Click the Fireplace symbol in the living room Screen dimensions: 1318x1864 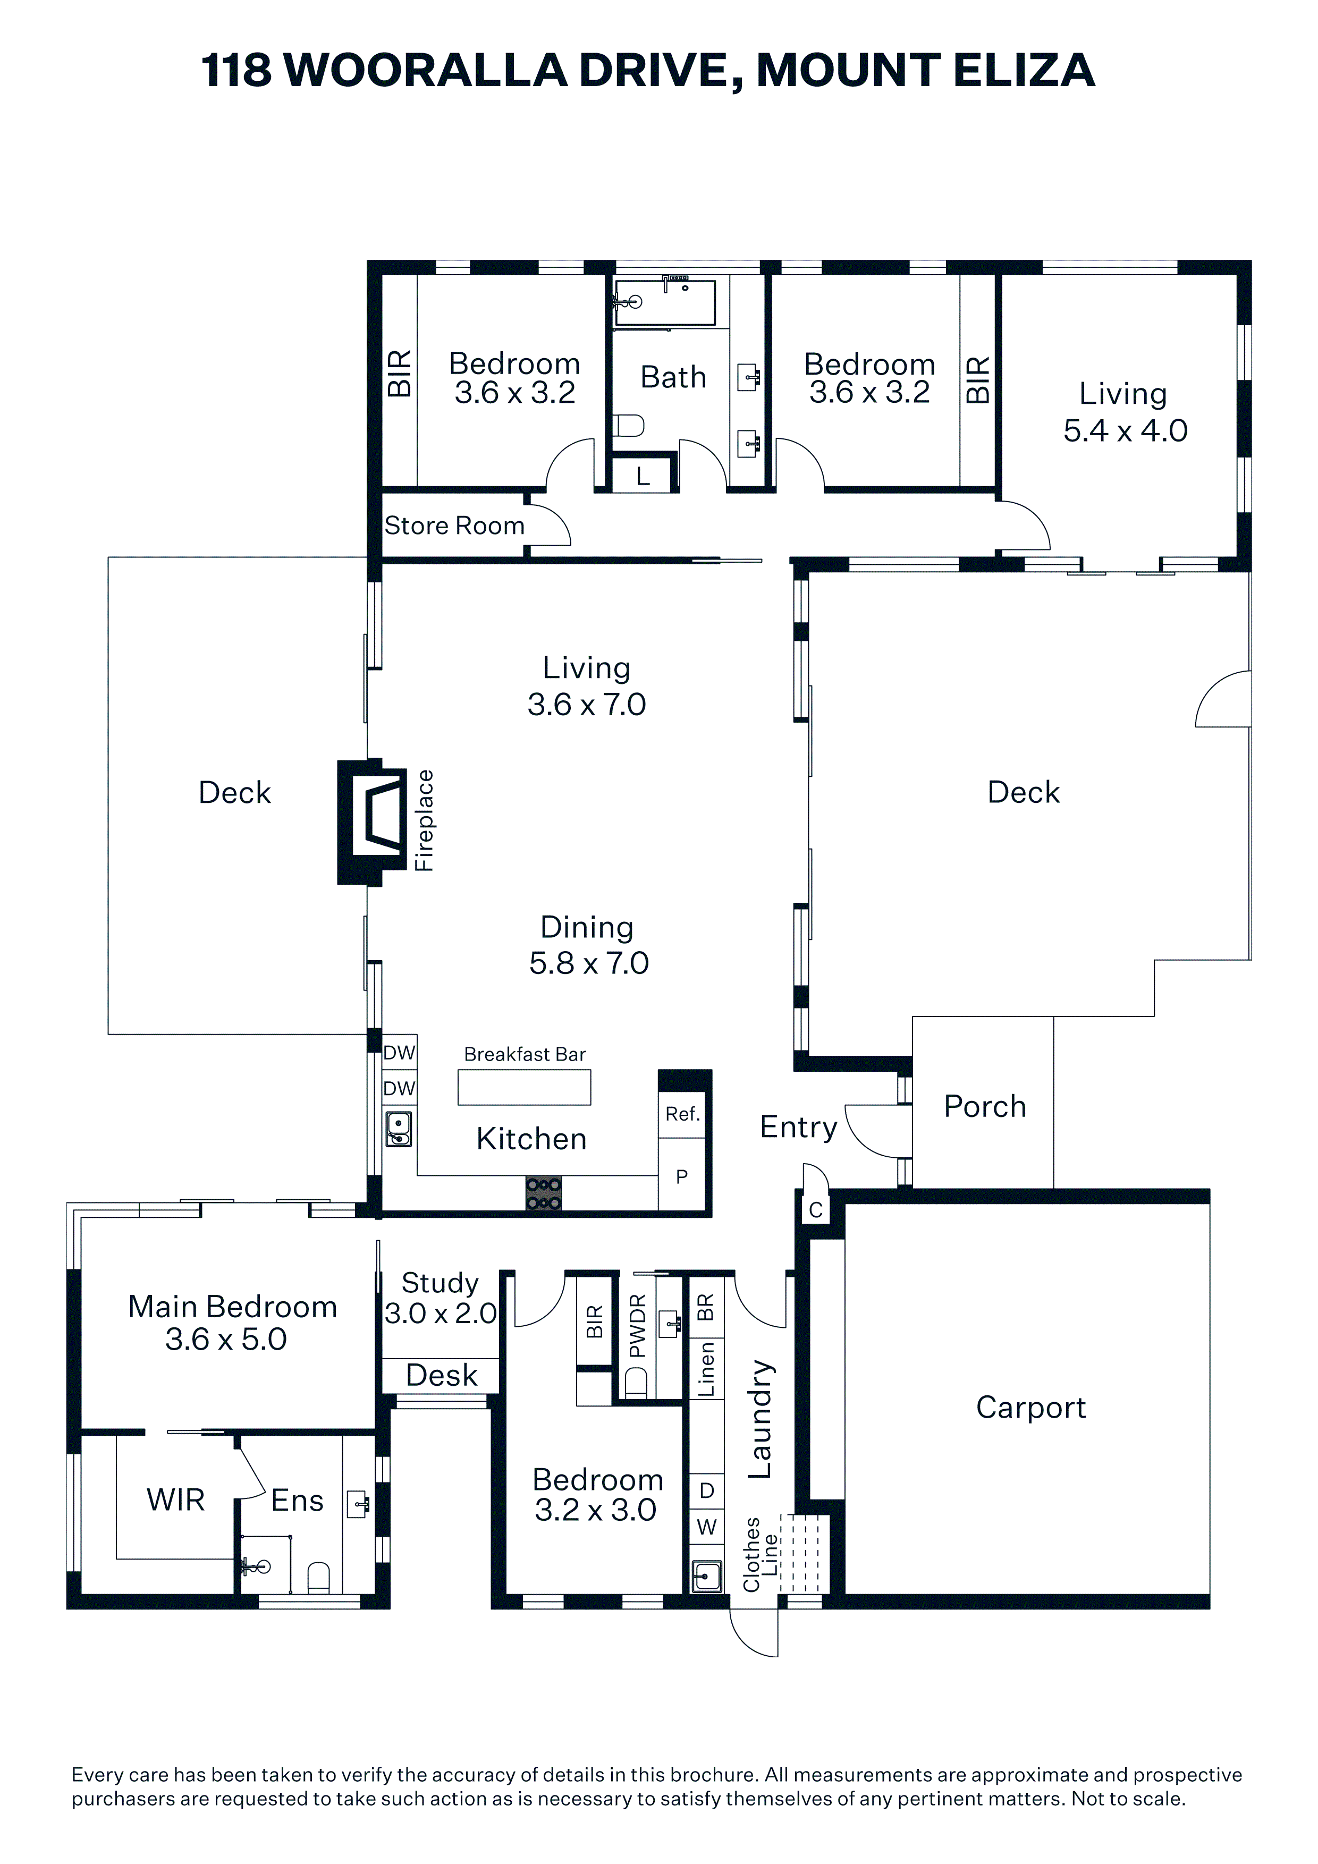(x=373, y=821)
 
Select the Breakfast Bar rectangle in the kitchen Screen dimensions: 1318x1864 (x=524, y=1087)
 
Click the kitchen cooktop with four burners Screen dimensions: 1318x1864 (x=543, y=1192)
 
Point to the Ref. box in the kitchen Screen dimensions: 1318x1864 (x=682, y=1114)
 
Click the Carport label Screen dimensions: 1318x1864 (x=1030, y=1407)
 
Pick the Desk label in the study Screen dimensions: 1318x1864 (x=441, y=1375)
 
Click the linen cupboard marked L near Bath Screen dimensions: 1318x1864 (x=643, y=475)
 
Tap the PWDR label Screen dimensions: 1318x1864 (x=638, y=1326)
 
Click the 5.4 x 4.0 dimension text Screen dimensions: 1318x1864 (x=1126, y=430)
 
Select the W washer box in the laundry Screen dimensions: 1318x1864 (x=706, y=1527)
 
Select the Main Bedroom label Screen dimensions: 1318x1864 (x=232, y=1307)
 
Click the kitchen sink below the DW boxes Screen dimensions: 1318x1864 (x=398, y=1129)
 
